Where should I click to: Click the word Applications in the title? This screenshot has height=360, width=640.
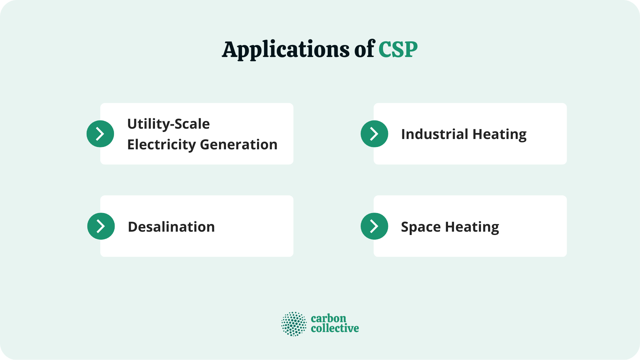pyautogui.click(x=286, y=50)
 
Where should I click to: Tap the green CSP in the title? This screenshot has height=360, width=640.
pyautogui.click(x=398, y=50)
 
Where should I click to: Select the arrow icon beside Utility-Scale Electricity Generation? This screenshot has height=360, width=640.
pyautogui.click(x=100, y=134)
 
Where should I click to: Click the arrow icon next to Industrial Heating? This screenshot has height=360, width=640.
pyautogui.click(x=374, y=134)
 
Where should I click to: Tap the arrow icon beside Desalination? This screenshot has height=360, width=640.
pyautogui.click(x=101, y=226)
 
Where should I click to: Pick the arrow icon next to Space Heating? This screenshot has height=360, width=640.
pyautogui.click(x=374, y=226)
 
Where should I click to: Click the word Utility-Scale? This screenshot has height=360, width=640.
pyautogui.click(x=168, y=124)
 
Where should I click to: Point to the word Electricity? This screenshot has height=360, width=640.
pyautogui.click(x=162, y=145)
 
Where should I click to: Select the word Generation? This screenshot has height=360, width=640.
pyautogui.click(x=239, y=145)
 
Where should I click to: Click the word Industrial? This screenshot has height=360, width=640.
pyautogui.click(x=435, y=134)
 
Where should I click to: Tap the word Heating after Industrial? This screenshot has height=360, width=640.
pyautogui.click(x=499, y=135)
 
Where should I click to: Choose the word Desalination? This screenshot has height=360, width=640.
pyautogui.click(x=171, y=227)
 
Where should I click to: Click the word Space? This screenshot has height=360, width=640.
pyautogui.click(x=421, y=227)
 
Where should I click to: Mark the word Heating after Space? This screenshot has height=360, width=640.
pyautogui.click(x=472, y=227)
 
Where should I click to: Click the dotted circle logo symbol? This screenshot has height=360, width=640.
pyautogui.click(x=294, y=324)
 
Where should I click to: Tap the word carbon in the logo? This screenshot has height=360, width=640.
pyautogui.click(x=328, y=318)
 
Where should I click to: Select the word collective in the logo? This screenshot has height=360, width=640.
pyautogui.click(x=335, y=328)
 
